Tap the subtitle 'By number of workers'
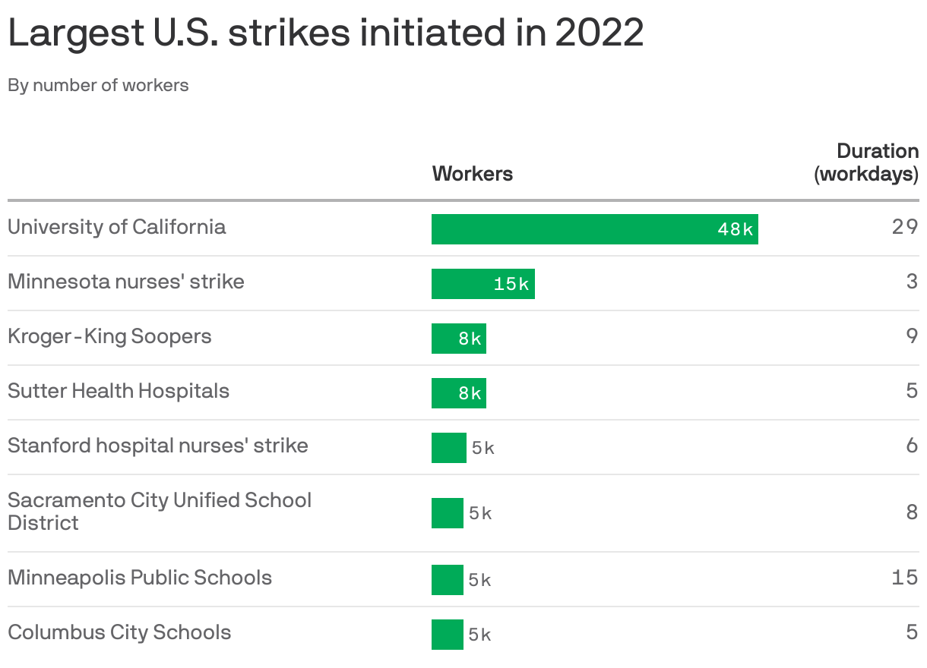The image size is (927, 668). coord(98,85)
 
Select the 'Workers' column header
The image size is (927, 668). coord(472,174)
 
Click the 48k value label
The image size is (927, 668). coord(735,229)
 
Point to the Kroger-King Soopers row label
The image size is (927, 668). coord(109,336)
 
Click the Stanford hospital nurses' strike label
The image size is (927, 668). coord(158,446)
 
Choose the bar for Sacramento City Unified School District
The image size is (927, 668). coord(447,513)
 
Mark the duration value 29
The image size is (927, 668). coord(905,227)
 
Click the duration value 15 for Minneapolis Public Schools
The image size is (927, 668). coord(905,578)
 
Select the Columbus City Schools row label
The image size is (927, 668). coord(119,632)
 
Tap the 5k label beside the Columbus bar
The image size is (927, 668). coord(479,635)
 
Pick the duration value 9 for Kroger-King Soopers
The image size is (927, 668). coord(912,336)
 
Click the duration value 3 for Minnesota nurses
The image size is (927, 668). coord(912,282)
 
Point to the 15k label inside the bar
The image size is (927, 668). coord(511,284)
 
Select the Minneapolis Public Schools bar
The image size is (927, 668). coord(447,580)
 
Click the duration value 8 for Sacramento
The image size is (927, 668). coord(912,512)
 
